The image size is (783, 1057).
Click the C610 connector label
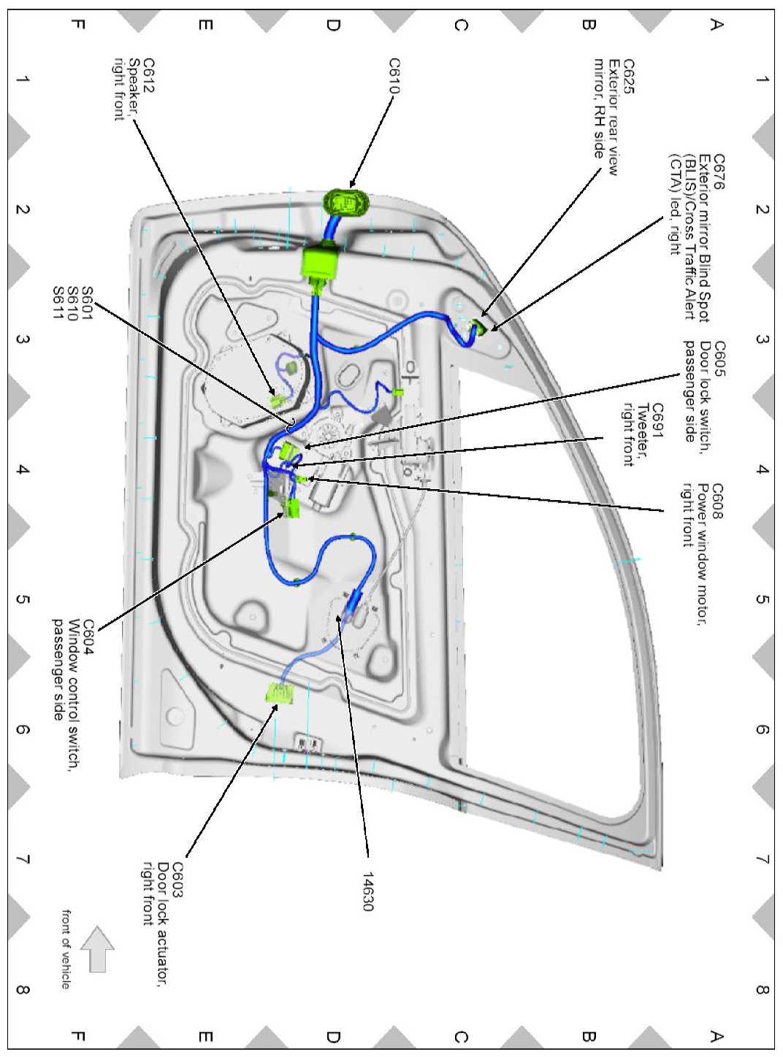(394, 77)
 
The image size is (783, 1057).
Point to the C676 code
(719, 172)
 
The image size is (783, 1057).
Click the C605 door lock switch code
(719, 356)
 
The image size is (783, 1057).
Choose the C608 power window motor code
(718, 501)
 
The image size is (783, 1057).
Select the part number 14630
(367, 891)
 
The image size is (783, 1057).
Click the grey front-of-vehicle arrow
(97, 949)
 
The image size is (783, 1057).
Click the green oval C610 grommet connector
(347, 201)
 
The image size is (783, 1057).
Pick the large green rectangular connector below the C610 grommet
(320, 263)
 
